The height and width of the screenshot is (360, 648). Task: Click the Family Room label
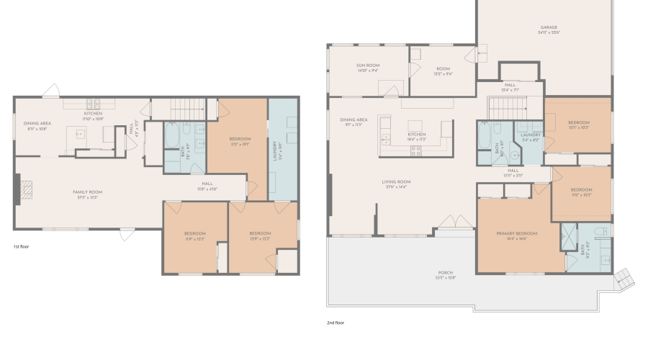pyautogui.click(x=87, y=192)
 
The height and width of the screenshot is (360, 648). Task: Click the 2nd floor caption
pyautogui.click(x=336, y=323)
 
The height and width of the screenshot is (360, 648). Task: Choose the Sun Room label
pyautogui.click(x=367, y=66)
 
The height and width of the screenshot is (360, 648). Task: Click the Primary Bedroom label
pyautogui.click(x=516, y=234)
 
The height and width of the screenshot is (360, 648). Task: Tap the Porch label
pyautogui.click(x=446, y=272)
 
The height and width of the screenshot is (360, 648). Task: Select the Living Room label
pyautogui.click(x=396, y=181)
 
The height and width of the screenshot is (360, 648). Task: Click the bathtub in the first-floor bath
pyautogui.click(x=173, y=135)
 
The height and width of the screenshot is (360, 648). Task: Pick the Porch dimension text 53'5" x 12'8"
pyautogui.click(x=446, y=277)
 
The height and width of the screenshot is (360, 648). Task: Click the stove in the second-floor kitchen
pyautogui.click(x=415, y=150)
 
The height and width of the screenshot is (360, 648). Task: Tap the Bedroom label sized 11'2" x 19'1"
pyautogui.click(x=240, y=138)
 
